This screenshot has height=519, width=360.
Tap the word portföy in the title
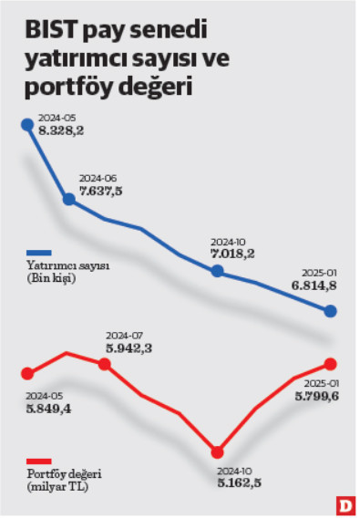67,90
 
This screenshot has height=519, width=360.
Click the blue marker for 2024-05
26,124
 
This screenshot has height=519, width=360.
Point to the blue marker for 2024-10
217,271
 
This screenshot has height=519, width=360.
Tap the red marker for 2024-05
26,373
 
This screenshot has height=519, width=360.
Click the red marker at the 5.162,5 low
217,452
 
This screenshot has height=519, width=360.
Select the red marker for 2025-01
331,365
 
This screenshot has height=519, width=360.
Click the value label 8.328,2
61,131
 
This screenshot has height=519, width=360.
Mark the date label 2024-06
99,178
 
